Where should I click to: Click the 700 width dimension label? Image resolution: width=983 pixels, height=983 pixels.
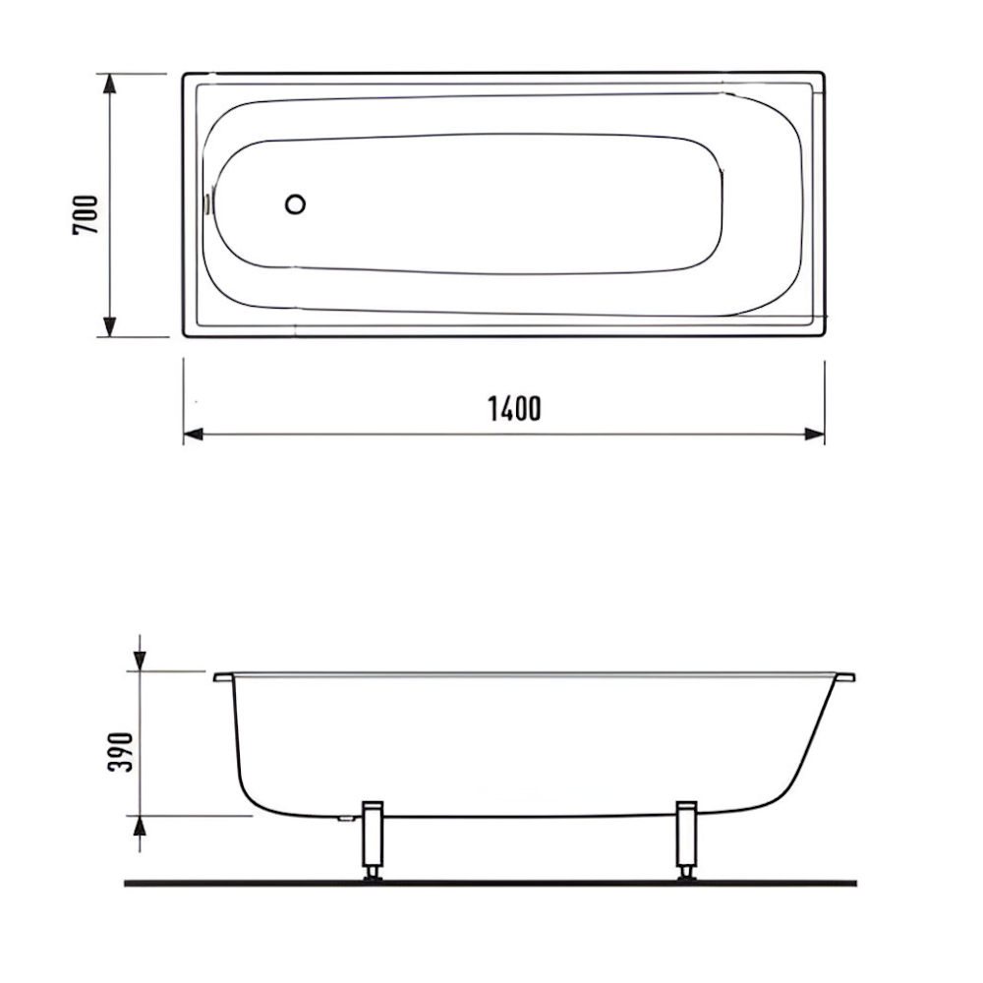86,215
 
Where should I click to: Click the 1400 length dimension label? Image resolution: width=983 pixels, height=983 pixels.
514,409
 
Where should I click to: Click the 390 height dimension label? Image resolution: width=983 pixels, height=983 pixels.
120,752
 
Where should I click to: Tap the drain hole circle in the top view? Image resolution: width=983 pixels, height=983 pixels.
295,204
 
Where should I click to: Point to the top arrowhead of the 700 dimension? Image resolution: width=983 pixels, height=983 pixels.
110,84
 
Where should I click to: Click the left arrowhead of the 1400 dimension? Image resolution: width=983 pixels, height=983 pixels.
194,434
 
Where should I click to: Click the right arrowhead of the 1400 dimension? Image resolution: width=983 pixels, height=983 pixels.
814,434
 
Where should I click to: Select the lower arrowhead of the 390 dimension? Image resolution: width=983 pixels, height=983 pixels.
140,827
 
